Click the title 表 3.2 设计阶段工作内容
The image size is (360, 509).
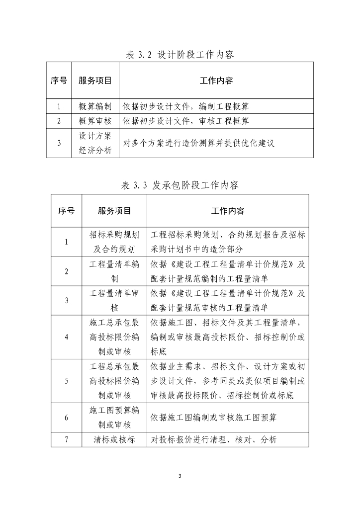click(180, 55)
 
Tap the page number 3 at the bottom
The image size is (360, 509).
click(180, 476)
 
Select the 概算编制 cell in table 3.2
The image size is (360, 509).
click(95, 106)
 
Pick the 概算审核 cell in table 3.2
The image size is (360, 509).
click(95, 121)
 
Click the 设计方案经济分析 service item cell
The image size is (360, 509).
click(95, 143)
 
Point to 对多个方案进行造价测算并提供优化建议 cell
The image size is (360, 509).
click(199, 143)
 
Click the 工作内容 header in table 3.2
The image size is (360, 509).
click(216, 81)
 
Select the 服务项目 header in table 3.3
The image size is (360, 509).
click(114, 211)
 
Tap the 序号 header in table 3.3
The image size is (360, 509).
click(66, 211)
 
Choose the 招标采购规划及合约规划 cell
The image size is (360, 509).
click(114, 242)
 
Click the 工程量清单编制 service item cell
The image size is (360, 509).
click(114, 271)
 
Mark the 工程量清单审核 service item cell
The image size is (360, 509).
click(114, 300)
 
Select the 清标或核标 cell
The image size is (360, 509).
click(114, 439)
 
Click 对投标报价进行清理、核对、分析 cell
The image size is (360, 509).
click(213, 439)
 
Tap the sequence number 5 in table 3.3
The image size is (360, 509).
click(66, 381)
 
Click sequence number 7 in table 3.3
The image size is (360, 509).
click(66, 439)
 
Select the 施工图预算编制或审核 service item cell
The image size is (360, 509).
click(114, 418)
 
